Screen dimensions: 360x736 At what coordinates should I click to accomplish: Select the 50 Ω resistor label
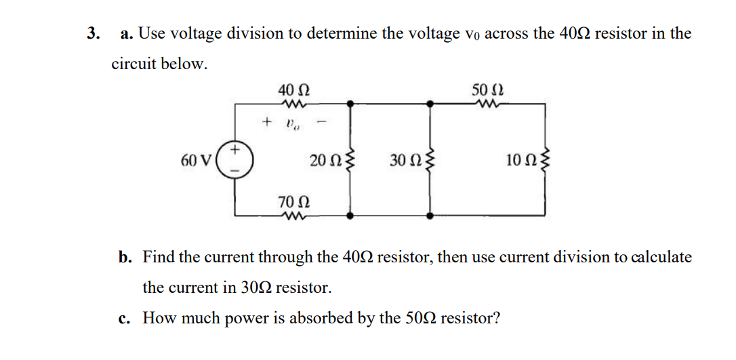[488, 89]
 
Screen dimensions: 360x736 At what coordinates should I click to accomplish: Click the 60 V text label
[195, 161]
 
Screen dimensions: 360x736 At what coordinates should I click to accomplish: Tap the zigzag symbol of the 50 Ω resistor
[488, 104]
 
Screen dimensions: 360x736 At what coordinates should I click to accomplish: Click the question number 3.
[92, 33]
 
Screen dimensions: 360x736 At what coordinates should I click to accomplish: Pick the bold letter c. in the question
[124, 318]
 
